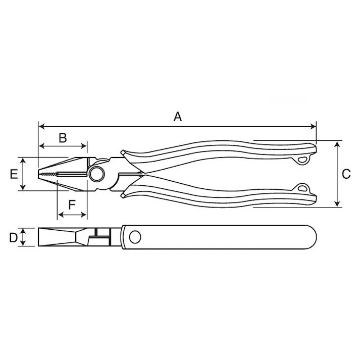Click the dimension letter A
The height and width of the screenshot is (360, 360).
point(177,117)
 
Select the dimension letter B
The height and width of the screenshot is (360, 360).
point(62,138)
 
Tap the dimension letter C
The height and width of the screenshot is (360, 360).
point(346,174)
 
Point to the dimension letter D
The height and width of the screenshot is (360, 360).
point(14,237)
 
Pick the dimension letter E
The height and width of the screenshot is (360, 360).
point(14,174)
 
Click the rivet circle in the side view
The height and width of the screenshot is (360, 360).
point(135,236)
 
